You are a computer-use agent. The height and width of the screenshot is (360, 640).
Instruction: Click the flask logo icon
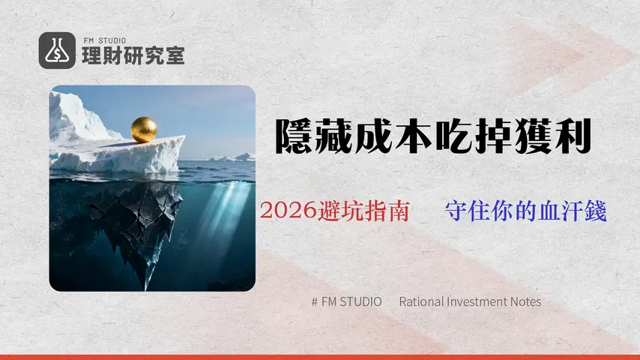coord(56,51)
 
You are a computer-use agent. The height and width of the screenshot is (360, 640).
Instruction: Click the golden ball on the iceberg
coord(143,129)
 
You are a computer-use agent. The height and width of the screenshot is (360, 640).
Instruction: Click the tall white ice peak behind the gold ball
coord(72,116)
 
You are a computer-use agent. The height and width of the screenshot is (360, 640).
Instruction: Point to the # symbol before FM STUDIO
coord(314,301)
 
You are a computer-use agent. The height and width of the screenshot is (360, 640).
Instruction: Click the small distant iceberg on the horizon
coord(238,157)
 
